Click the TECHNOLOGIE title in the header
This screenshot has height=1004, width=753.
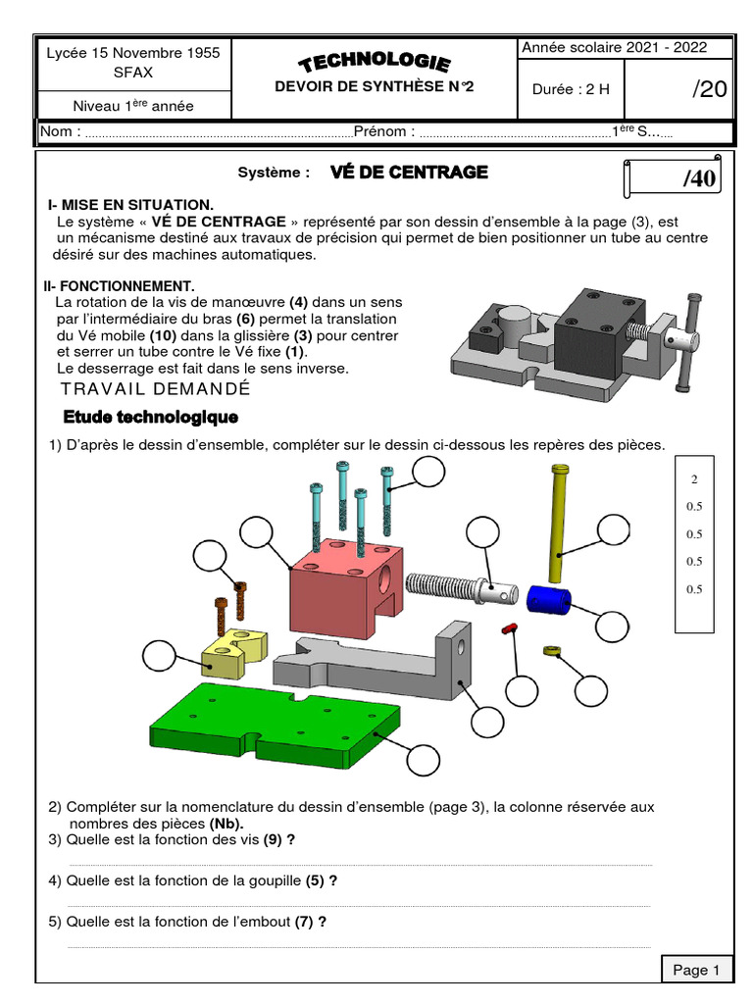point(375,64)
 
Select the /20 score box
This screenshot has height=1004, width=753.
point(709,89)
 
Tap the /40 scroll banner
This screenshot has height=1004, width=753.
point(676,178)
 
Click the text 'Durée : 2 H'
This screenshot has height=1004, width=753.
point(571,89)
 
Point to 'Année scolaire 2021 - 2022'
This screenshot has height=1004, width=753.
point(613,48)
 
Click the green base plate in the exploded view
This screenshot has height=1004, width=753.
point(275,726)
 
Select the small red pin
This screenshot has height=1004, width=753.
point(509,627)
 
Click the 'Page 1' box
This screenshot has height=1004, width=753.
point(696,970)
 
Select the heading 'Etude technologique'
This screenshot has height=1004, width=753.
point(150,418)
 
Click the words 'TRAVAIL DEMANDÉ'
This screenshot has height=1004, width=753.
point(155,389)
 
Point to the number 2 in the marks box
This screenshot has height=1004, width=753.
point(694,479)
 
